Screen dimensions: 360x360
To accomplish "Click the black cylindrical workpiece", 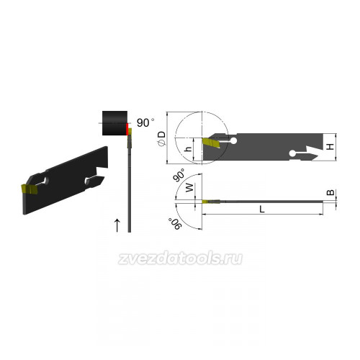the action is click(114, 123).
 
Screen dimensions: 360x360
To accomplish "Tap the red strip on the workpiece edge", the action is click(127, 129).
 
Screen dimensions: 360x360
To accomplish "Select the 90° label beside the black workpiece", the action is click(145, 122).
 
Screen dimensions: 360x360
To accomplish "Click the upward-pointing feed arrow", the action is click(117, 225).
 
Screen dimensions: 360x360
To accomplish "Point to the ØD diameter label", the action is click(162, 138).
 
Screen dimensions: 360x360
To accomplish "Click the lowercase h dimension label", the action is click(189, 149).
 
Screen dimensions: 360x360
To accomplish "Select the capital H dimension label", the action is click(330, 146).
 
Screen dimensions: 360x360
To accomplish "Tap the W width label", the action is click(189, 187).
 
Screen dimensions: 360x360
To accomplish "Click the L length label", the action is click(262, 210).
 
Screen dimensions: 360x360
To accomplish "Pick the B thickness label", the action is click(330, 192).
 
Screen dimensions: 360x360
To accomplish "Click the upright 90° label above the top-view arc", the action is click(180, 175).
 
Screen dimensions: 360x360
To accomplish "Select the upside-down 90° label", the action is click(174, 224).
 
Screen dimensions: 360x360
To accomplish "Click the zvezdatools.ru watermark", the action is click(180, 258).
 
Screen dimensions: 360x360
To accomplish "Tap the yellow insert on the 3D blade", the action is click(29, 189).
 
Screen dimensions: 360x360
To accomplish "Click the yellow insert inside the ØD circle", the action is click(211, 143).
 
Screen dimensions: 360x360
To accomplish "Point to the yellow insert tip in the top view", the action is click(205, 202).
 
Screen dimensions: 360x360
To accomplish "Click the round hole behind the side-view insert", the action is click(233, 141).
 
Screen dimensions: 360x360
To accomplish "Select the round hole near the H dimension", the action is click(292, 153).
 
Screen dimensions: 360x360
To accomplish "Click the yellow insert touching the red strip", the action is click(130, 132).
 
